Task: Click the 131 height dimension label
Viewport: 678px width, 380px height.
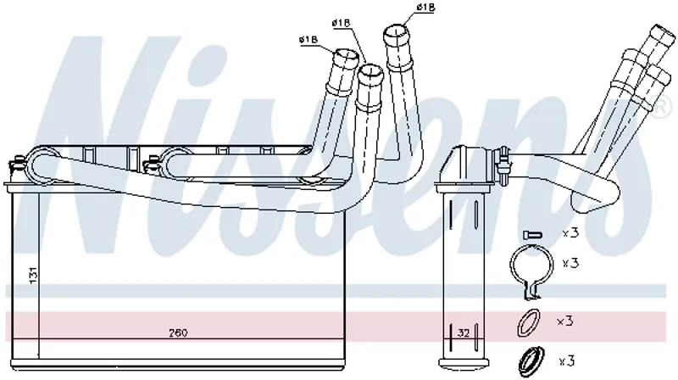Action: click(x=33, y=275)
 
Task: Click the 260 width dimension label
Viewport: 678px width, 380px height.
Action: click(x=178, y=332)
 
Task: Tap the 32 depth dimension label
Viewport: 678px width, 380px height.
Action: click(x=463, y=332)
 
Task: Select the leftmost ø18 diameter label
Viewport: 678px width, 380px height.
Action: click(x=308, y=40)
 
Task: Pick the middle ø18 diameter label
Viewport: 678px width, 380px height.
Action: click(x=341, y=23)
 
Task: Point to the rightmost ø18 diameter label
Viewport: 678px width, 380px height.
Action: click(x=425, y=7)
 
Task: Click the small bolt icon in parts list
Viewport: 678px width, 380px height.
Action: click(x=532, y=235)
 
